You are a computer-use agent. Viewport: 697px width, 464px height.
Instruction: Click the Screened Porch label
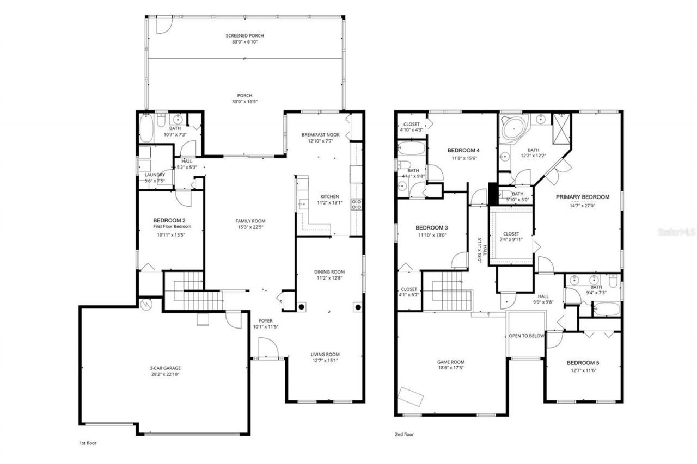click(x=244, y=35)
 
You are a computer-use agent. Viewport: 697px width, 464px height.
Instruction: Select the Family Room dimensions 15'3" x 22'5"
click(x=250, y=227)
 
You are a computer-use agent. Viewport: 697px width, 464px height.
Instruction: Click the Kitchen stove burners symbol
click(x=357, y=204)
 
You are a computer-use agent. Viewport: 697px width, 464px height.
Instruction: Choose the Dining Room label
click(x=329, y=272)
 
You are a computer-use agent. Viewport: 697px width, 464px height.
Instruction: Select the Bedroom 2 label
click(x=170, y=220)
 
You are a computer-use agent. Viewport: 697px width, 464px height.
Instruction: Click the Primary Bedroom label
click(x=582, y=197)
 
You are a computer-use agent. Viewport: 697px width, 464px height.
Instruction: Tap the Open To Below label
click(x=526, y=336)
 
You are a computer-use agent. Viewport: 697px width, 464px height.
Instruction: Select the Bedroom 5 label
click(x=582, y=363)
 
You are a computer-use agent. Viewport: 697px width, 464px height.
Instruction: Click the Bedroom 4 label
click(x=463, y=150)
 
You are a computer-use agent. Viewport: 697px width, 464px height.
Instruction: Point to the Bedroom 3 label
click(x=431, y=227)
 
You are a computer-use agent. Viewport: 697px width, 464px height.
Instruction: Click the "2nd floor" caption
click(x=403, y=435)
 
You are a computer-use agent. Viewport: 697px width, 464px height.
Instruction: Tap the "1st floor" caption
click(x=88, y=443)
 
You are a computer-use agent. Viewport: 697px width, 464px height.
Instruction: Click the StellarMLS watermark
click(x=676, y=232)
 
